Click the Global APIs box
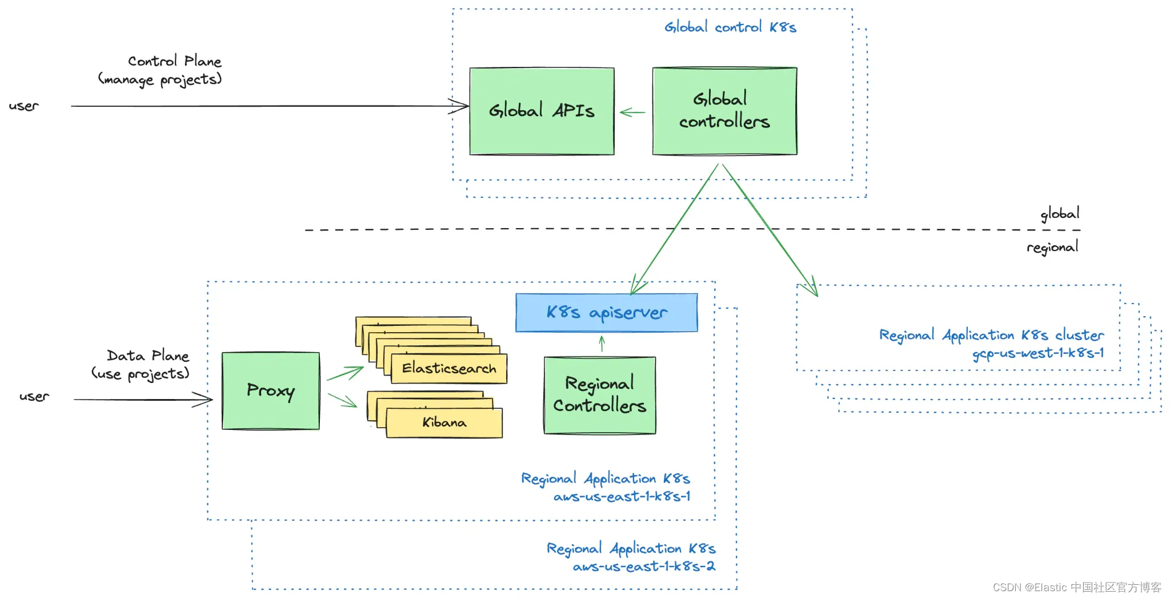click(x=542, y=111)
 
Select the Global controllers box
click(x=724, y=111)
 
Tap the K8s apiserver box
click(x=606, y=312)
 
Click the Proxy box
click(x=271, y=390)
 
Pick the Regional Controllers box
click(x=599, y=395)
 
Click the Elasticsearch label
click(x=449, y=368)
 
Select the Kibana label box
click(x=444, y=422)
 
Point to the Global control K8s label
click(x=730, y=27)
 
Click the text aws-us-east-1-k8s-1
click(x=622, y=496)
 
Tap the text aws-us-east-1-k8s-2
click(x=644, y=567)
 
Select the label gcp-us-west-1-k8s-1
click(x=1037, y=353)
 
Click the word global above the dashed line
click(x=1060, y=214)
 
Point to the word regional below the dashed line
click(x=1052, y=247)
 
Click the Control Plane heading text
click(x=174, y=61)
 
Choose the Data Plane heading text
click(x=147, y=356)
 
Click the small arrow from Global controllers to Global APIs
click(x=632, y=113)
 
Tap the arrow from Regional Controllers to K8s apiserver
click(x=602, y=344)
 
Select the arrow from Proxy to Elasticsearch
click(x=345, y=374)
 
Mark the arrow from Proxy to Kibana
click(x=342, y=400)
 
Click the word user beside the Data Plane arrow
click(x=34, y=396)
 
